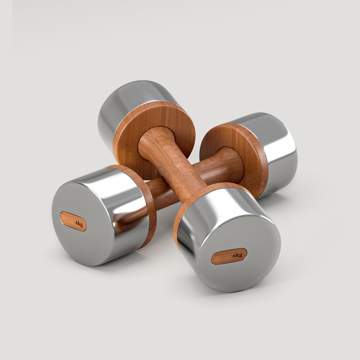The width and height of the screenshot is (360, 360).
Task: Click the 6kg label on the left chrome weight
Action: (x=73, y=221)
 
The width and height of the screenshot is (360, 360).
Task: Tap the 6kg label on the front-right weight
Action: (x=229, y=256)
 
